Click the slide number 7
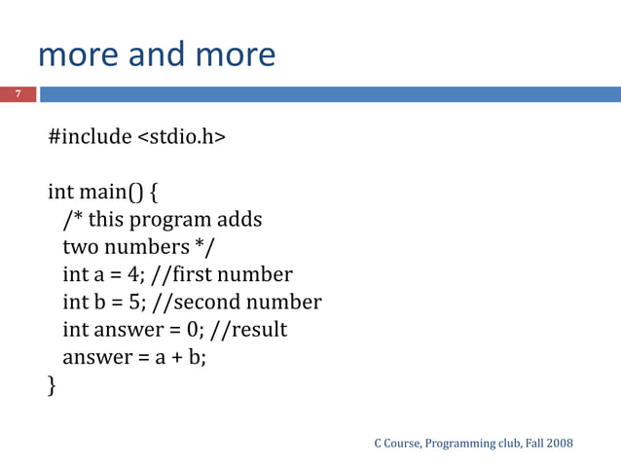17,94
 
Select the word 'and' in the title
152,54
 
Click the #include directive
90,136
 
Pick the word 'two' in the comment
80,247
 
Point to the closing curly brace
53,386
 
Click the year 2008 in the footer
559,444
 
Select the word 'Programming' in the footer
460,444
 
